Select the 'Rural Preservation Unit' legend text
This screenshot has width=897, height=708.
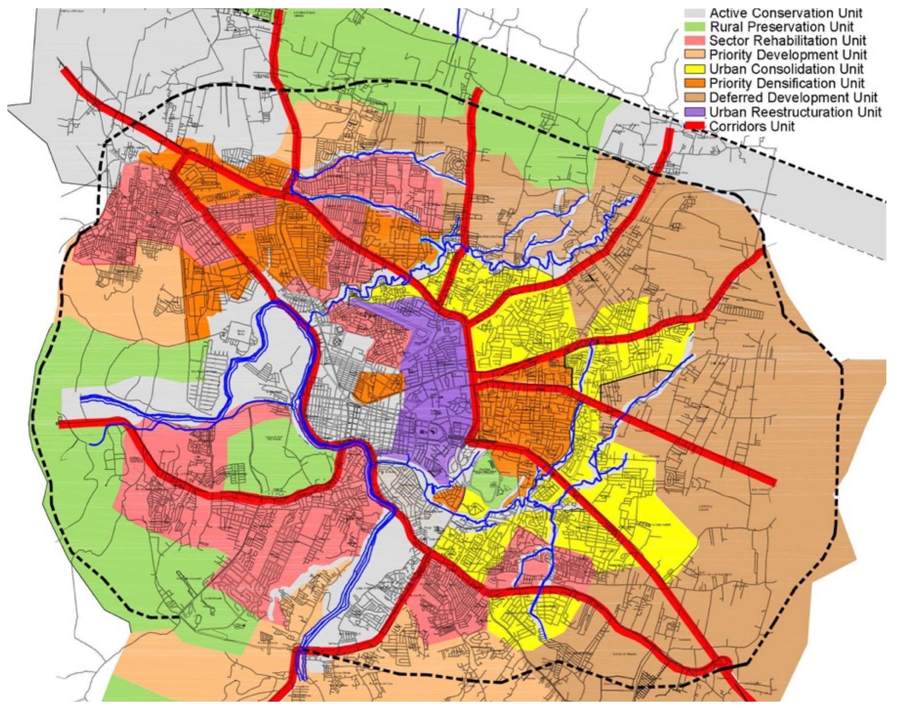coord(781,27)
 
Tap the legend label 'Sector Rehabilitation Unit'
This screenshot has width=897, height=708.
coord(788,41)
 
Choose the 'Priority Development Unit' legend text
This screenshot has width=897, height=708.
coord(788,55)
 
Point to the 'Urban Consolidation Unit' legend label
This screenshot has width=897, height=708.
coord(786,69)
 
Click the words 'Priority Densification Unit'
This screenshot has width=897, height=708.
coord(787,83)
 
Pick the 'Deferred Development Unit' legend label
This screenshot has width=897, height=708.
coord(793,97)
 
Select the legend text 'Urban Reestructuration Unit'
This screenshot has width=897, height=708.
coord(795,112)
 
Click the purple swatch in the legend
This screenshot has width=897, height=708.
coord(695,112)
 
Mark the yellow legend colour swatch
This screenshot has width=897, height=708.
coord(695,69)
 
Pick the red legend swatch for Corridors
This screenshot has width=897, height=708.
coord(695,126)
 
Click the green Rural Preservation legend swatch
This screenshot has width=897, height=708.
coord(695,27)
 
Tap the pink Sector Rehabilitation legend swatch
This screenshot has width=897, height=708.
coord(695,41)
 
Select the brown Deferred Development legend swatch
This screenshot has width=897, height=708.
coord(695,97)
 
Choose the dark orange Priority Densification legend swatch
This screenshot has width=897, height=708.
coord(695,83)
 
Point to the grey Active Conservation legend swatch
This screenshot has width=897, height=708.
coord(695,13)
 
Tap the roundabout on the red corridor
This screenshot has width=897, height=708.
coord(722,664)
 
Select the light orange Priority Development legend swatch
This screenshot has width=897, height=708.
coord(695,55)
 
